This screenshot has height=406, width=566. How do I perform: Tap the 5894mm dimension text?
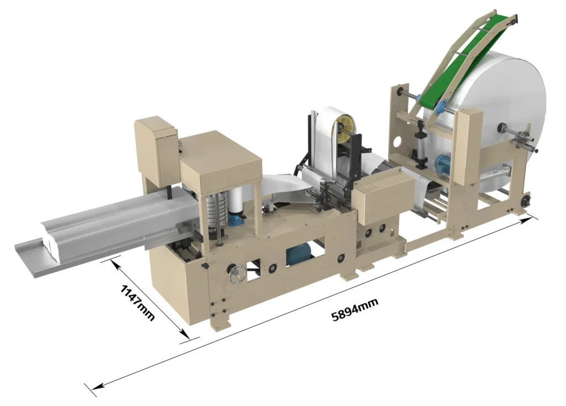[355, 309]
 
